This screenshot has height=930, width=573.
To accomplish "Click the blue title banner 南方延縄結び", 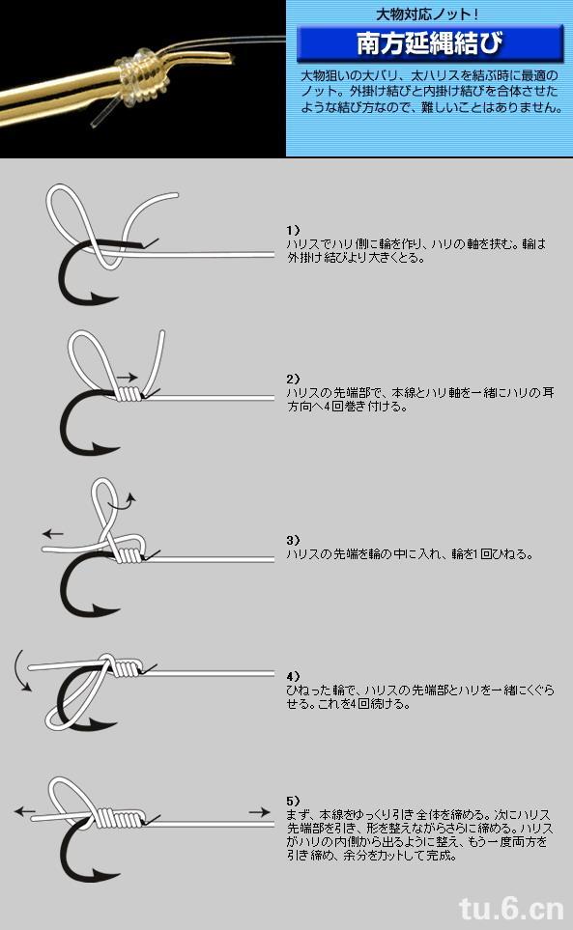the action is pyautogui.click(x=429, y=43).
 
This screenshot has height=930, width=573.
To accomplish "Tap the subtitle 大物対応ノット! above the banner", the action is pyautogui.click(x=427, y=14).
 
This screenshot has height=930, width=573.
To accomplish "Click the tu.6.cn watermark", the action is pyautogui.click(x=511, y=908).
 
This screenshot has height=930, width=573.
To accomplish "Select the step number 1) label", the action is pyautogui.click(x=293, y=230).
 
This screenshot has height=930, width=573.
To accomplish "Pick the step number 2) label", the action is pyautogui.click(x=293, y=379).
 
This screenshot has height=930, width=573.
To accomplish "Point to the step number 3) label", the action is pyautogui.click(x=293, y=540).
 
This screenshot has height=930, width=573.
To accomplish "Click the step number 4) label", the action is pyautogui.click(x=293, y=676).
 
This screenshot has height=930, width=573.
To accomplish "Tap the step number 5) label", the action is pyautogui.click(x=293, y=801).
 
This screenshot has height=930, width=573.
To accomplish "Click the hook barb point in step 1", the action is pyautogui.click(x=90, y=295).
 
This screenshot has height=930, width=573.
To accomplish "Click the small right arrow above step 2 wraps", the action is pyautogui.click(x=127, y=378).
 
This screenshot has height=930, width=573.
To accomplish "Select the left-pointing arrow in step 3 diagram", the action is pyautogui.click(x=53, y=533).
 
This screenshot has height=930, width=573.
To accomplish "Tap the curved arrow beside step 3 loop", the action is pyautogui.click(x=128, y=503).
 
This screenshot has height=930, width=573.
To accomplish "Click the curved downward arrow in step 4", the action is pyautogui.click(x=20, y=671).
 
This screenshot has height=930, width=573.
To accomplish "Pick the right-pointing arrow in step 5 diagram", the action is pyautogui.click(x=259, y=812).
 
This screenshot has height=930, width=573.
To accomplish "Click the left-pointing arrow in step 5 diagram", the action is pyautogui.click(x=25, y=811).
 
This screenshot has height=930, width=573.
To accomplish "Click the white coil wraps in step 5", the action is pyautogui.click(x=121, y=819).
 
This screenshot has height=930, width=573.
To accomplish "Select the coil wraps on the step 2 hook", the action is pyautogui.click(x=129, y=393).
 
